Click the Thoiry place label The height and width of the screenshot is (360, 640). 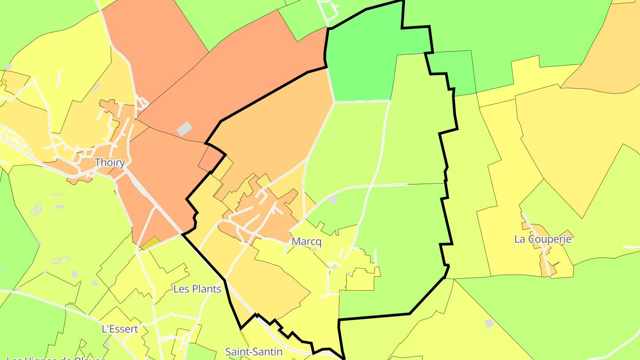(110, 163)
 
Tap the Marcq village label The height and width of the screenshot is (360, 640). (306, 242)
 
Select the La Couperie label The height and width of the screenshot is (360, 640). (543, 239)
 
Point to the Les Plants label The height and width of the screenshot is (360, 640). (197, 289)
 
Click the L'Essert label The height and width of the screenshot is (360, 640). (120, 329)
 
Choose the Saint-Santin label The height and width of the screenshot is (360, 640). (254, 352)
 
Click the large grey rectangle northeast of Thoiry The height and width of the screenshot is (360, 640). (184, 128)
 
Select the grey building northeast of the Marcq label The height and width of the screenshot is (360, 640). (332, 200)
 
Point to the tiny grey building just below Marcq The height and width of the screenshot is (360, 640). (314, 250)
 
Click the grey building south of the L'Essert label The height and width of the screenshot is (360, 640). (107, 344)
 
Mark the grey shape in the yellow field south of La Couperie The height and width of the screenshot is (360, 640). (489, 323)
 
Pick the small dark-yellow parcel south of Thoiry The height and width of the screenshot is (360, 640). (150, 243)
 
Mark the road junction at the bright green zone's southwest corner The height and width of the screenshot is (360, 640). (334, 102)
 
